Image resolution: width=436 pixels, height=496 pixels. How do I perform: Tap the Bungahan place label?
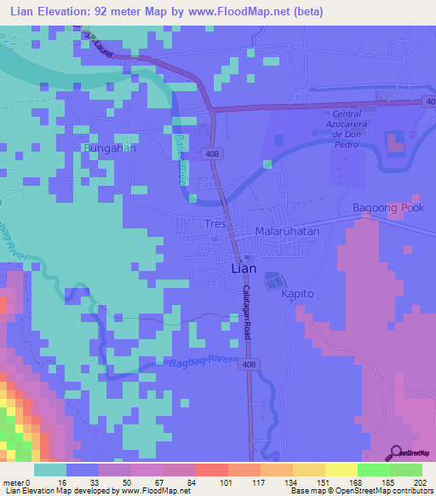(109, 148)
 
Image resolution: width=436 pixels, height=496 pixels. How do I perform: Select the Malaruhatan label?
(287, 231)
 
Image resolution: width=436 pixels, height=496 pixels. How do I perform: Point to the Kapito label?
(298, 293)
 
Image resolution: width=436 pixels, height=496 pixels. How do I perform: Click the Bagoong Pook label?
(388, 208)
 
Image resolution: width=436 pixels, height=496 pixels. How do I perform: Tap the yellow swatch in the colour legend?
(341, 470)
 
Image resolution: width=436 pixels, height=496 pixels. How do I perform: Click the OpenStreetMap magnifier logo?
(396, 453)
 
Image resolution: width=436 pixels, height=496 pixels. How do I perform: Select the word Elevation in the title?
(76, 12)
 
